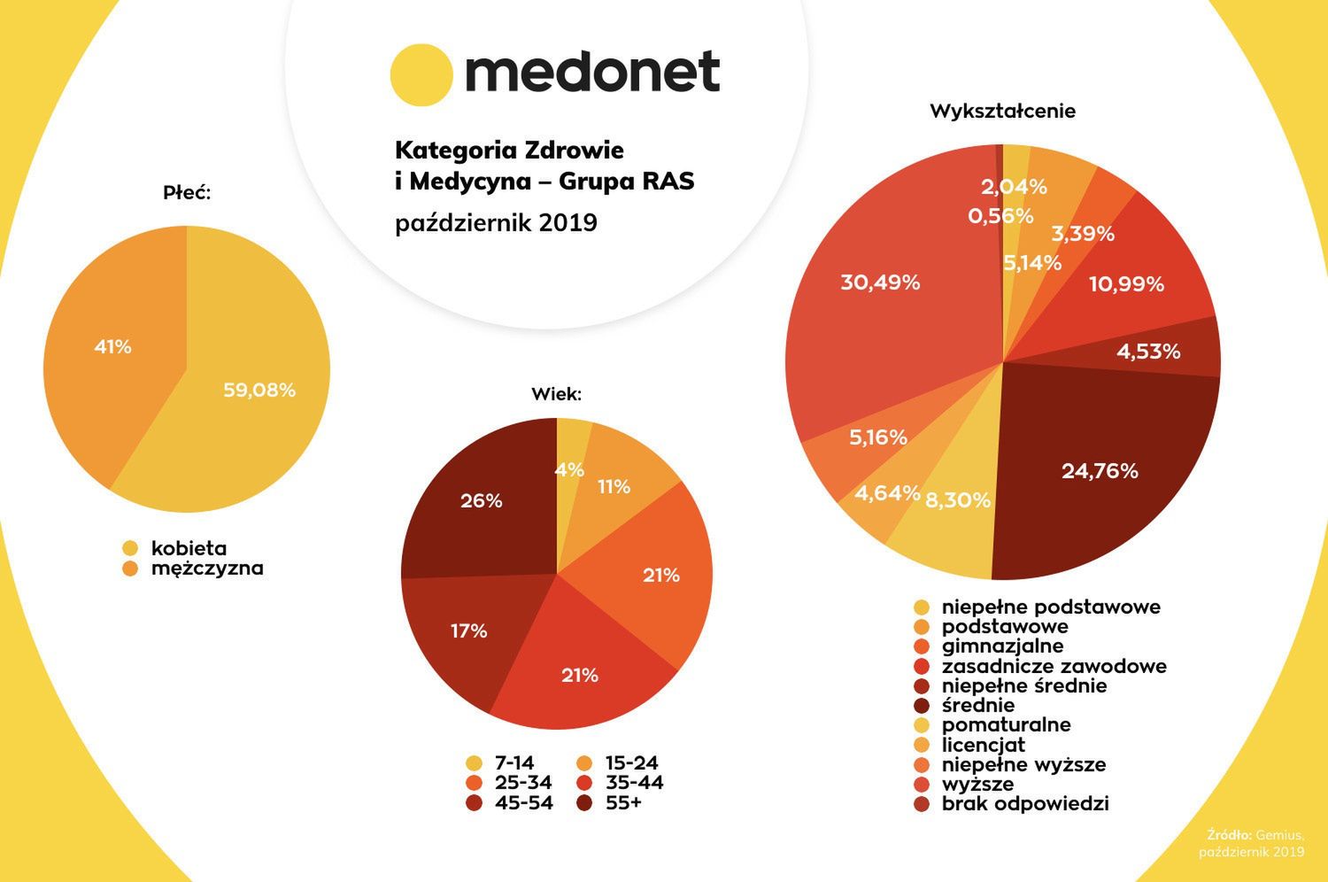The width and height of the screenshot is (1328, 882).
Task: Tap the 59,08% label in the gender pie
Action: (x=259, y=390)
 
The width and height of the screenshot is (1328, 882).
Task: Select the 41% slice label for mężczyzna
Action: (x=112, y=347)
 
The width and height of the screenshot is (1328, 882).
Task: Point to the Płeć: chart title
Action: (x=187, y=192)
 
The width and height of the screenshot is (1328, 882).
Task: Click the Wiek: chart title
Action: (x=556, y=394)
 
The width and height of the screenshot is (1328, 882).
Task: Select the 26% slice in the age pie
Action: (x=481, y=501)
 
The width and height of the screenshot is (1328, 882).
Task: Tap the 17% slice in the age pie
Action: (x=468, y=631)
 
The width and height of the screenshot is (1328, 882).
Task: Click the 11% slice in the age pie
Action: (x=614, y=487)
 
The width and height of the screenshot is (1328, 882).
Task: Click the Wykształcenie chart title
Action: (x=1002, y=112)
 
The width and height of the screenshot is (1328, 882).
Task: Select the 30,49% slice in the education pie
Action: (x=880, y=283)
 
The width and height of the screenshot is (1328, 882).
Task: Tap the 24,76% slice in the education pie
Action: (x=1100, y=471)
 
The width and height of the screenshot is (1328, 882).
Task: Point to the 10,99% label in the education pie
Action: (x=1126, y=284)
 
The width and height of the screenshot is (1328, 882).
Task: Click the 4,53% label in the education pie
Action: (x=1148, y=352)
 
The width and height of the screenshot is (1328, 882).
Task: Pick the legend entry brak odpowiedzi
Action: (x=1024, y=804)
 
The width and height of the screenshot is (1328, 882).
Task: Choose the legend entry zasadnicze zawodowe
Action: (x=1054, y=666)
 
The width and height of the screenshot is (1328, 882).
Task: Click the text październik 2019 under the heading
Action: (x=496, y=223)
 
